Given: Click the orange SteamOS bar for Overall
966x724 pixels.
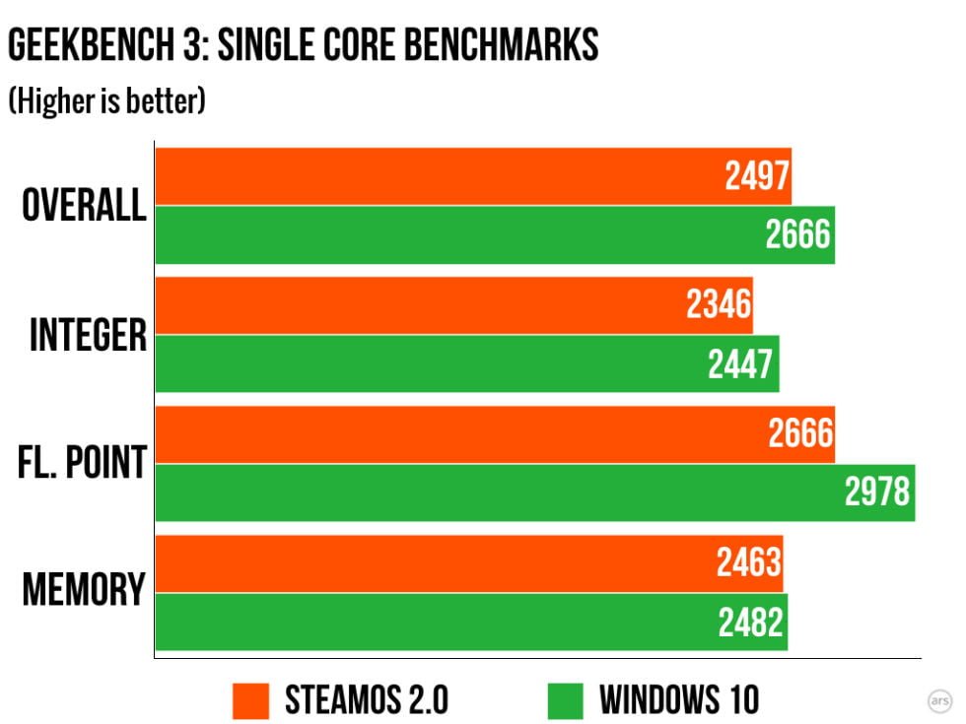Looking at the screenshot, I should click(x=473, y=176).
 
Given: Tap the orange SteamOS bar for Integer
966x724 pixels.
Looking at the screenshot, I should click(x=453, y=305).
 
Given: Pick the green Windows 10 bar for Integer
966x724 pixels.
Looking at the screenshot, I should click(x=467, y=363).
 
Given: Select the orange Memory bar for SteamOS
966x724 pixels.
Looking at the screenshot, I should click(x=469, y=563).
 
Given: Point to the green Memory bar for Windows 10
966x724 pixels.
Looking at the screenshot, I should click(x=471, y=622).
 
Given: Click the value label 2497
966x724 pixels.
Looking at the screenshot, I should click(x=757, y=177).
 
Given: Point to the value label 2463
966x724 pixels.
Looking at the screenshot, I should click(x=748, y=563).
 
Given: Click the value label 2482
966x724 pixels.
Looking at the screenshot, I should click(x=751, y=623).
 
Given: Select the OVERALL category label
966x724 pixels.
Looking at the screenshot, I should click(x=84, y=206).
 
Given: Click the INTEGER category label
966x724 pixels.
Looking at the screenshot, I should click(x=88, y=336).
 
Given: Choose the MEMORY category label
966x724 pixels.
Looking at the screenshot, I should click(x=84, y=590).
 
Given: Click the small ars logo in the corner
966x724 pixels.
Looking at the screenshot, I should click(x=940, y=700).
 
